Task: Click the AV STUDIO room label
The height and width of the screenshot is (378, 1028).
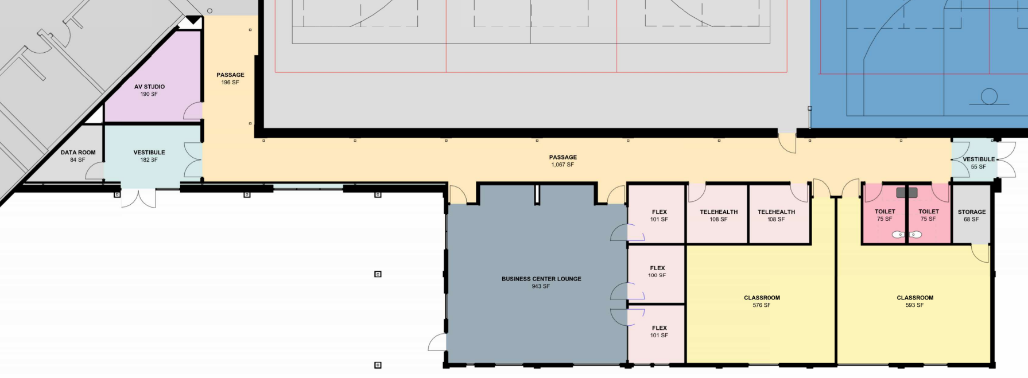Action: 149,87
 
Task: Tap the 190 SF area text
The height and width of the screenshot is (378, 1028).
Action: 149,94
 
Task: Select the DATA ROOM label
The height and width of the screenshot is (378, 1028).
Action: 78,153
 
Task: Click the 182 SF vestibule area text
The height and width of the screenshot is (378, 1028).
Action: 149,160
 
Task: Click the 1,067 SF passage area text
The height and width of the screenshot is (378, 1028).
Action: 563,165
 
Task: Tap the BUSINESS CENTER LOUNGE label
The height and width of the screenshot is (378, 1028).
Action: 541,279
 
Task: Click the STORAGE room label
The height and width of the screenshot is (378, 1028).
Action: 972,212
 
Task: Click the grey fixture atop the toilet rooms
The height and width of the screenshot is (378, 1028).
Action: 906,193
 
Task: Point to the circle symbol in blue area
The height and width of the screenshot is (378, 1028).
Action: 989,96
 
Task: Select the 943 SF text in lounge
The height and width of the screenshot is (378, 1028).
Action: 541,286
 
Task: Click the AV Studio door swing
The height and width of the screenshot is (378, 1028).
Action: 194,111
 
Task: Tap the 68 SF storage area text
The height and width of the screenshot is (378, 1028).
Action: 971,219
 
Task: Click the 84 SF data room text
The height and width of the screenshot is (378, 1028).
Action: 77,160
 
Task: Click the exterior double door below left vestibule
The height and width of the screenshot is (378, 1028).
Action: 138,198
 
